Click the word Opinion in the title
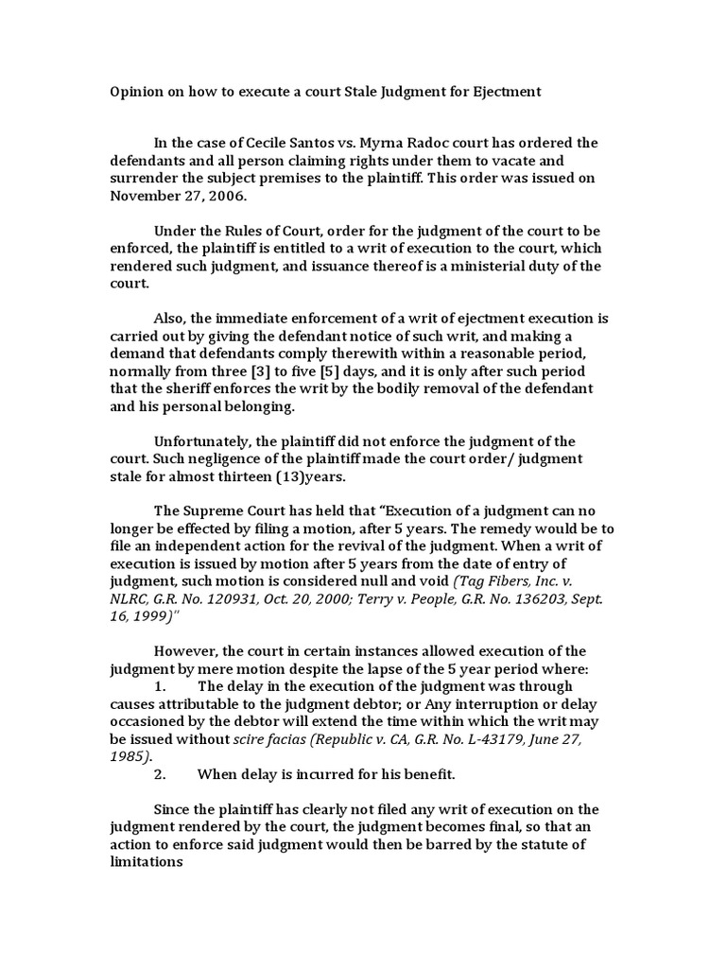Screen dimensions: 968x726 (132, 92)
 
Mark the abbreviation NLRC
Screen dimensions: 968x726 (131, 599)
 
